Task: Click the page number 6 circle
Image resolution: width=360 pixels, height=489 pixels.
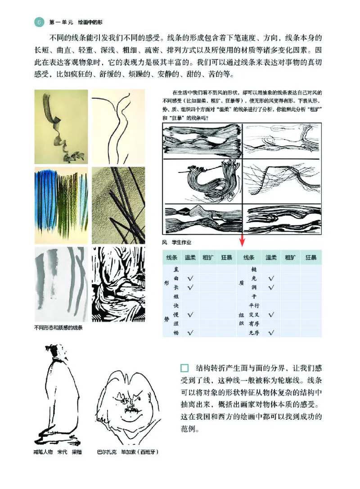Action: [x=39, y=21]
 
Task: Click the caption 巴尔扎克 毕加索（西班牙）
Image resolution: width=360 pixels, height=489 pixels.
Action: [x=127, y=452]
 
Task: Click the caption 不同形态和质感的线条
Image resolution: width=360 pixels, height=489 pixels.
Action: [x=58, y=327]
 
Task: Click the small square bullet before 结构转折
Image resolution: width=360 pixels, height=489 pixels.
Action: [x=184, y=367]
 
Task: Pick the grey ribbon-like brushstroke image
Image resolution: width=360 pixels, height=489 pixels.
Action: [x=61, y=127]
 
